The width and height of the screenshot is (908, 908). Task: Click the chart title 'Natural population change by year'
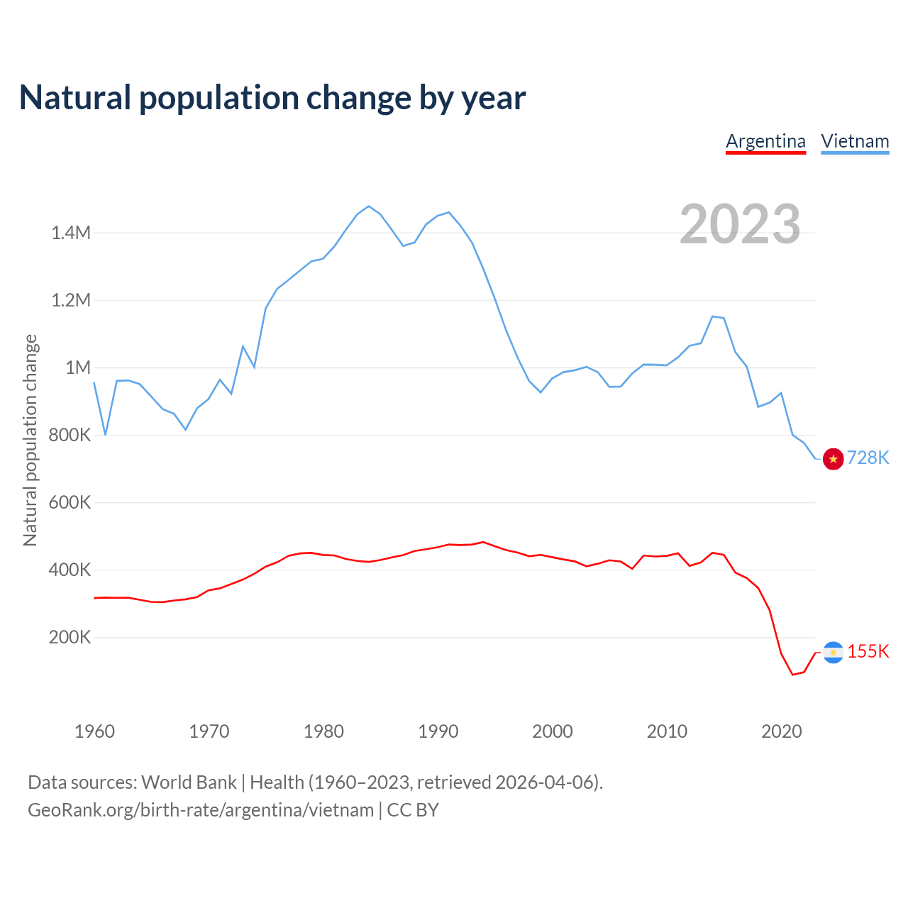[x=272, y=98]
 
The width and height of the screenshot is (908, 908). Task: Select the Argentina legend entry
[x=765, y=141]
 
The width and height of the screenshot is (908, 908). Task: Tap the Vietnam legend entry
[x=855, y=141]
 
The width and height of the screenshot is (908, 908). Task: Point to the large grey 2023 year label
[x=740, y=224]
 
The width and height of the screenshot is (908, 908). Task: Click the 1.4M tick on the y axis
[x=71, y=233]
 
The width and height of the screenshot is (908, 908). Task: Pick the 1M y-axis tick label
[x=78, y=367]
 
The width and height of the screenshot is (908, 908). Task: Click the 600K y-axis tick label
[x=70, y=502]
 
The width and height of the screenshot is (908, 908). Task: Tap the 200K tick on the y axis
[x=70, y=637]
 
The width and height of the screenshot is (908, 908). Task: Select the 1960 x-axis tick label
[x=94, y=731]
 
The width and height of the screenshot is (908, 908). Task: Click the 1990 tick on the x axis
[x=438, y=731]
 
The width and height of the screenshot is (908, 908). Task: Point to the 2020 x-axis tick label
[x=781, y=731]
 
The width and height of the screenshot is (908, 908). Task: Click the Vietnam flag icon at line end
[x=833, y=459]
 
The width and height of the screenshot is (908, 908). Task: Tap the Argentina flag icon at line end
[x=833, y=652]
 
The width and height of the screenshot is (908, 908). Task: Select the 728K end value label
[x=868, y=458]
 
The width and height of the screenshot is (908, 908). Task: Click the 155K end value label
[x=868, y=651]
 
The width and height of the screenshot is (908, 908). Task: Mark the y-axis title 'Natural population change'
[x=30, y=440]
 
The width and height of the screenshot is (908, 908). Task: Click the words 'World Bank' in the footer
[x=189, y=782]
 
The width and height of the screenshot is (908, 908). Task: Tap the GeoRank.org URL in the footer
[x=201, y=810]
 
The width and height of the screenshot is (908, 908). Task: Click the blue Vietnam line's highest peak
[x=368, y=206]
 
